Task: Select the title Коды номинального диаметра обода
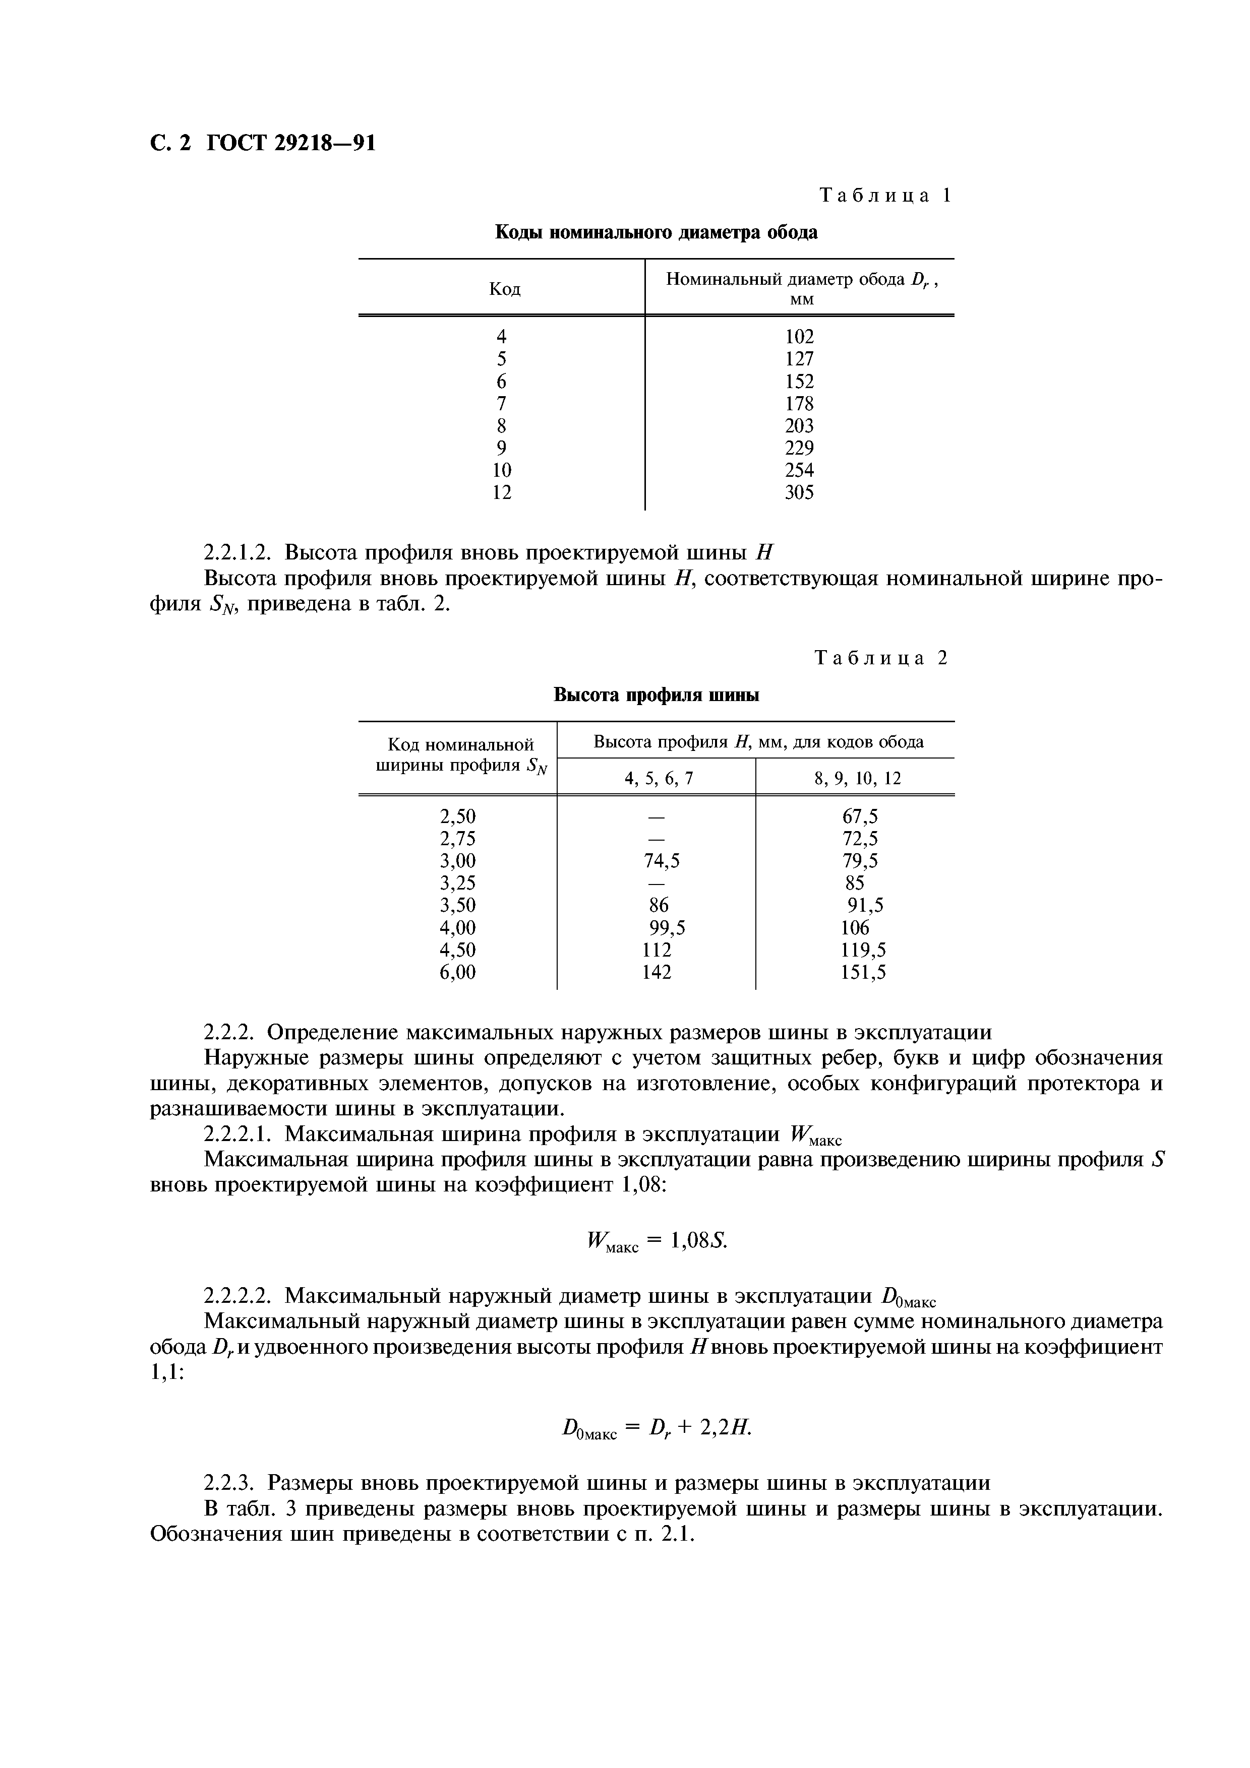(x=656, y=232)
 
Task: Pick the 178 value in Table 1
(x=799, y=404)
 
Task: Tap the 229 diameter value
(x=799, y=448)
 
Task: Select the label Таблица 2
(x=882, y=658)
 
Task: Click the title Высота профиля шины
(x=656, y=696)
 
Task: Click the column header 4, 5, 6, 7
(x=659, y=779)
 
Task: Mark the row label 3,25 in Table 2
(x=457, y=883)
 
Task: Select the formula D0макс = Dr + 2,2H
(x=656, y=1429)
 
